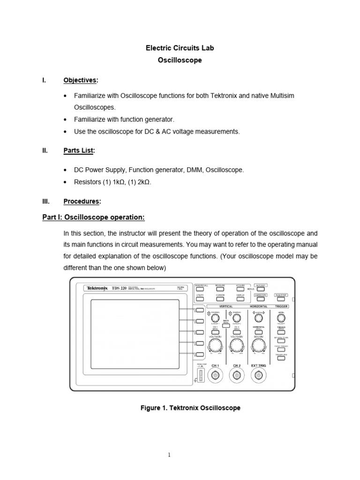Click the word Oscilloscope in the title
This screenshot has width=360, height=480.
click(180, 60)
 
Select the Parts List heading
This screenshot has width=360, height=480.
click(79, 150)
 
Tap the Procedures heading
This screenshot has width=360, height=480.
click(82, 201)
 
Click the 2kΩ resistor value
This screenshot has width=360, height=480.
click(143, 181)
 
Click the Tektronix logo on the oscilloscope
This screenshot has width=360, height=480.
click(97, 288)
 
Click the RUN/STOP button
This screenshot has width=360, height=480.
click(281, 295)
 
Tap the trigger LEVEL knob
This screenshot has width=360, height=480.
click(281, 318)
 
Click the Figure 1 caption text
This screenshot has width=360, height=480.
click(190, 408)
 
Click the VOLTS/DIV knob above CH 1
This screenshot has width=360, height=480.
click(216, 346)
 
